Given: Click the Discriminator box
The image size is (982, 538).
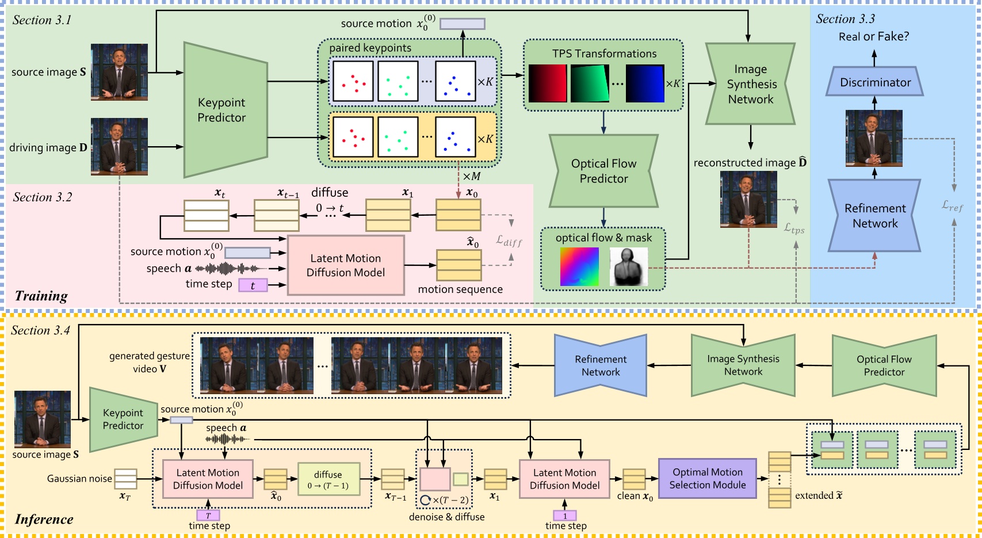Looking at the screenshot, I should (874, 82).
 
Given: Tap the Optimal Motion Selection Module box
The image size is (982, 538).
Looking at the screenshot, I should (707, 478).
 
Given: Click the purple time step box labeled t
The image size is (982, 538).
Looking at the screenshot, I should (253, 285).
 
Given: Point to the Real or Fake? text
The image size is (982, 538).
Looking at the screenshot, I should (873, 37).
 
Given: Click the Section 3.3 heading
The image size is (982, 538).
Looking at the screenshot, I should (845, 19).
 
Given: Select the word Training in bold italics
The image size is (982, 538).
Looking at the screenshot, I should (41, 296).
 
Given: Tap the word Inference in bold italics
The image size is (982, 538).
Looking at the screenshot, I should (44, 519).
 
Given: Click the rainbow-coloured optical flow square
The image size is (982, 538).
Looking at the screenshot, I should (579, 266).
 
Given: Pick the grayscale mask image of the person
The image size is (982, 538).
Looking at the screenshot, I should (628, 266).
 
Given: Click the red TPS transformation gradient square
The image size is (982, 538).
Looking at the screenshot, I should (547, 83).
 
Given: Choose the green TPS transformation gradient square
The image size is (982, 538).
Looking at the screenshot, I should (590, 83).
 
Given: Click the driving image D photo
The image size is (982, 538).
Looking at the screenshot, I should (119, 147).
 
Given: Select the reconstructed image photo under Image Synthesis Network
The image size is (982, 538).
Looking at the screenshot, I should (748, 199).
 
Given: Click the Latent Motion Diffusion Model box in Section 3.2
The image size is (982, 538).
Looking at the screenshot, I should (345, 265).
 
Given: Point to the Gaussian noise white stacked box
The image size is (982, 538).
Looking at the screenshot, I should (125, 479).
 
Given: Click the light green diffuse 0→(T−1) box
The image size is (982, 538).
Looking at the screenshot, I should (328, 479).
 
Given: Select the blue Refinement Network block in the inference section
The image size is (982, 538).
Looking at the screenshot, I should (600, 365).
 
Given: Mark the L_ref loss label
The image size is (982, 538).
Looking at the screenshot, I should (952, 205).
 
